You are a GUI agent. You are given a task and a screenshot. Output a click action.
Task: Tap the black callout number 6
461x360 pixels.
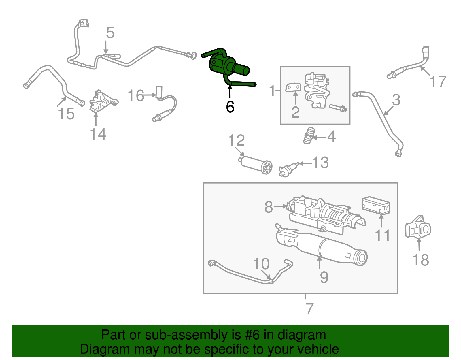pyautogui.click(x=230, y=107)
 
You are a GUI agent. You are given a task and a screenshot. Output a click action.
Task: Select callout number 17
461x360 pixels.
pyautogui.click(x=438, y=82)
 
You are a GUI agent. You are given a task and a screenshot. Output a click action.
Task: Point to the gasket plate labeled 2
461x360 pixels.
pyautogui.click(x=293, y=87)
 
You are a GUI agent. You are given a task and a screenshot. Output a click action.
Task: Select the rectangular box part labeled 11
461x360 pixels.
pyautogui.click(x=376, y=206)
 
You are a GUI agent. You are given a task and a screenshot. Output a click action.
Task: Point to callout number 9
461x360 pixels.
pyautogui.click(x=324, y=277)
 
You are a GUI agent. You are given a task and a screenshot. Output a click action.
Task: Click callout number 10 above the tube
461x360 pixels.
pyautogui.click(x=261, y=264)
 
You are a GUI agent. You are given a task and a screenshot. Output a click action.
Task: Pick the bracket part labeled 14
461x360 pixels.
pyautogui.click(x=101, y=102)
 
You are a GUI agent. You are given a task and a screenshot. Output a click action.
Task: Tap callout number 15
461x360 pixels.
pyautogui.click(x=66, y=114)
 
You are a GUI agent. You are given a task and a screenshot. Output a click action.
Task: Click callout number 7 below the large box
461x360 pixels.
pyautogui.click(x=309, y=309)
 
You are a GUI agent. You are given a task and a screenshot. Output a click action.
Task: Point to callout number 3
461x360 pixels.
pyautogui.click(x=396, y=100)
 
